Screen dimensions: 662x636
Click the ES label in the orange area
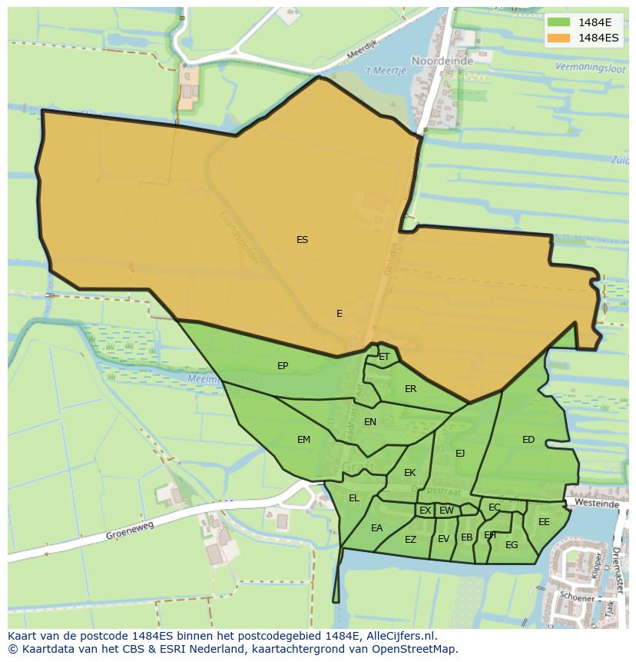302,240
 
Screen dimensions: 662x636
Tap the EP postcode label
283,366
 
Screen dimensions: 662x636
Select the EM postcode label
303,440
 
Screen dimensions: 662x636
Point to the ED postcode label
528,440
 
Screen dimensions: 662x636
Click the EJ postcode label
460,453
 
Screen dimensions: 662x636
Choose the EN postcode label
370,421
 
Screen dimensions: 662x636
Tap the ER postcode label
410,389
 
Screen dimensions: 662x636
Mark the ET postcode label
384,357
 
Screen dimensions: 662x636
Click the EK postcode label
409,473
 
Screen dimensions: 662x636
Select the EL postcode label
354,498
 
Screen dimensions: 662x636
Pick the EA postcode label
376,528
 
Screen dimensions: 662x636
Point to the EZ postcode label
410,540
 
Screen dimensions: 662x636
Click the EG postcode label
512,545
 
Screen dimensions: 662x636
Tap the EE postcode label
544,522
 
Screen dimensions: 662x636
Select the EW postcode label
446,511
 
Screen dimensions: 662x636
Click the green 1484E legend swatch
559,22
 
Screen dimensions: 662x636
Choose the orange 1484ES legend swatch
559,38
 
